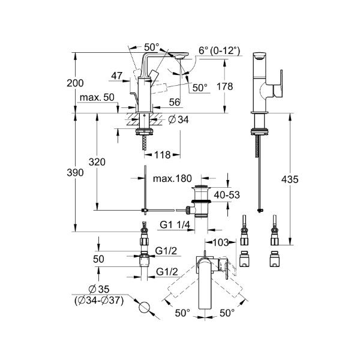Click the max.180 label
(x=173, y=179)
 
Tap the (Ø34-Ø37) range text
(x=101, y=301)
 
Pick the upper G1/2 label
(x=166, y=251)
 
